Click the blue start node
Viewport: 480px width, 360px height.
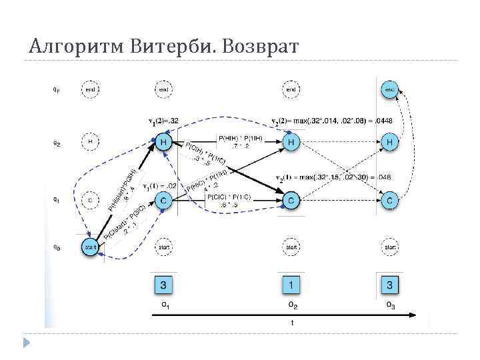(x=90, y=247)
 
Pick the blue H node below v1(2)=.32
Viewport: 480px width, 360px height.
(x=164, y=142)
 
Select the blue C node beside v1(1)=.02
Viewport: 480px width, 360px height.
(x=164, y=199)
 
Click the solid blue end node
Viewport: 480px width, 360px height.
(x=390, y=89)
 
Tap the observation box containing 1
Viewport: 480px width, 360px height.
(x=291, y=285)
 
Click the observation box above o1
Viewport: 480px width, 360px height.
(x=164, y=285)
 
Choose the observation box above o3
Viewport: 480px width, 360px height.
(x=390, y=285)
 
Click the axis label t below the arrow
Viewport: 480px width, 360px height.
(x=291, y=322)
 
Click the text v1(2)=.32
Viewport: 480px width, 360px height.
(x=163, y=121)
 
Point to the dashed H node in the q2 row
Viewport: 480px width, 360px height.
(x=90, y=142)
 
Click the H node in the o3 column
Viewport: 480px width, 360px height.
(x=390, y=142)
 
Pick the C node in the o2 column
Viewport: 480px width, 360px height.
(x=291, y=199)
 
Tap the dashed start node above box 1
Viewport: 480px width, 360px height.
(x=291, y=247)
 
